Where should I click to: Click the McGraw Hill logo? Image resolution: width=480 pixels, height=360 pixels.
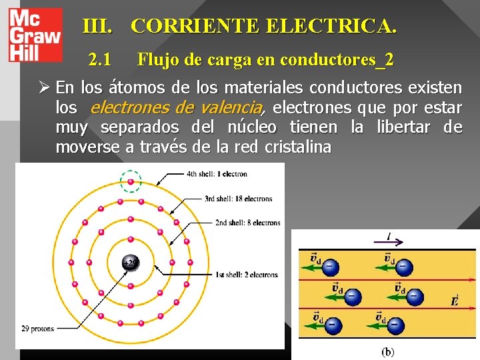coord(34,35)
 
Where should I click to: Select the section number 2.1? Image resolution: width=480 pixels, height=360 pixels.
coord(100,60)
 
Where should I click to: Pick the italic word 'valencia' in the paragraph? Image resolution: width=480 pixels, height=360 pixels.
coord(235,107)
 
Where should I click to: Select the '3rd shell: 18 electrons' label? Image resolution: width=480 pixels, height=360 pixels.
coord(239,199)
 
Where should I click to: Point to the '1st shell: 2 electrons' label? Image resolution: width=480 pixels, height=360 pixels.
coord(247,274)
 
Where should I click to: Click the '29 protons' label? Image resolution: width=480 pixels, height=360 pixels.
coord(37,329)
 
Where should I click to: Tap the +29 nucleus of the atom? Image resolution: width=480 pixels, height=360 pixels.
coord(130,264)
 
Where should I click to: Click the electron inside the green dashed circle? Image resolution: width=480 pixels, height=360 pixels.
coord(131,181)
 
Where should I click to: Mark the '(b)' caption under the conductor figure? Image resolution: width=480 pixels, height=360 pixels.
coord(387,351)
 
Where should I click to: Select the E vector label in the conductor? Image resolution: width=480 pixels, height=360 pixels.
coord(455,300)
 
